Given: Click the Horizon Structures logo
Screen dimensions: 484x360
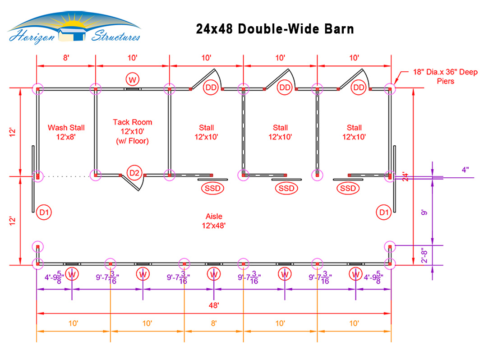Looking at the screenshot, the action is point(74,28).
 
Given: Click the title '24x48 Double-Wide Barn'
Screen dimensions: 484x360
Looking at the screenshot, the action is point(275,29).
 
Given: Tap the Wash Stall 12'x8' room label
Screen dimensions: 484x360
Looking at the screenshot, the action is point(66,132).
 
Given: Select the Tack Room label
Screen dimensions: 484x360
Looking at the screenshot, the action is point(133,132).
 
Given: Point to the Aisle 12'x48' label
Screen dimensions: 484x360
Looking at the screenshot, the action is point(214,221).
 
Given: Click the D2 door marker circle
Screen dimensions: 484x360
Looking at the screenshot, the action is point(134,173).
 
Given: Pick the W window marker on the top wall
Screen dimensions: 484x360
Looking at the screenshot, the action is point(133,80).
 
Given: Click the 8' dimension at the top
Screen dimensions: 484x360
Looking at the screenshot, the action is point(66,58).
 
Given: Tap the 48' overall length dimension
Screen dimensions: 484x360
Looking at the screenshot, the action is point(214,305).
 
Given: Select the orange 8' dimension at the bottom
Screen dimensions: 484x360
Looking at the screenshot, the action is point(214,323).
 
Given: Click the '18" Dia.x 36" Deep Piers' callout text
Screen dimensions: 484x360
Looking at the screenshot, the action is point(445,77).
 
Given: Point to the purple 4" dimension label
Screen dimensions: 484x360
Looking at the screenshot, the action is point(466,170).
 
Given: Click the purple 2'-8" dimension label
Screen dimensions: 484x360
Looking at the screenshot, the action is point(425,255).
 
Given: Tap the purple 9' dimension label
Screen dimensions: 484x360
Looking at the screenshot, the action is point(425,212).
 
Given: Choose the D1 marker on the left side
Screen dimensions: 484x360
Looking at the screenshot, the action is point(44,212).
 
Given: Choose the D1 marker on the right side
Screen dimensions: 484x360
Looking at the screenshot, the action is point(384,212).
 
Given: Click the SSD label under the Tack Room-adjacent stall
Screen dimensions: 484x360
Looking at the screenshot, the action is point(212,188).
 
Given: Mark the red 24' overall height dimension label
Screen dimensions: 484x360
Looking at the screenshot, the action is point(406,176).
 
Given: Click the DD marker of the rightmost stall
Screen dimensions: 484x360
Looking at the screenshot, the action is point(358,88).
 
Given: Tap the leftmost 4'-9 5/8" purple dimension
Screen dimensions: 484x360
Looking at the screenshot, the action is point(54,277).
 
